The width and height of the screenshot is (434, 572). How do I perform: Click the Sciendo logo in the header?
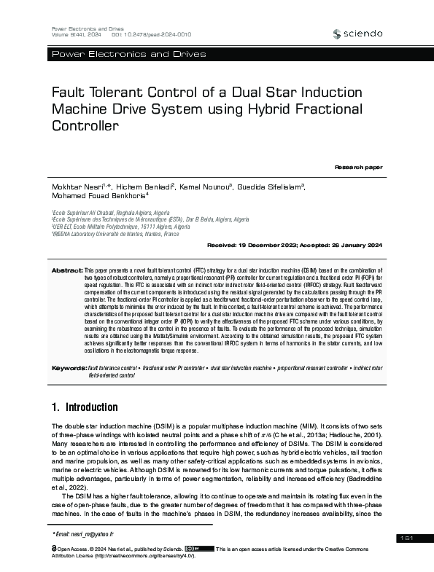357,34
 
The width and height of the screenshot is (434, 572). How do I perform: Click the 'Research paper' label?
358,168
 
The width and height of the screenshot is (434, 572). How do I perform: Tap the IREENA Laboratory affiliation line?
115,235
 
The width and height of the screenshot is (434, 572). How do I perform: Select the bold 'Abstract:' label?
67,270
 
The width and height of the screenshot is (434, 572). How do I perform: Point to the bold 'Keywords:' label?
68,369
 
